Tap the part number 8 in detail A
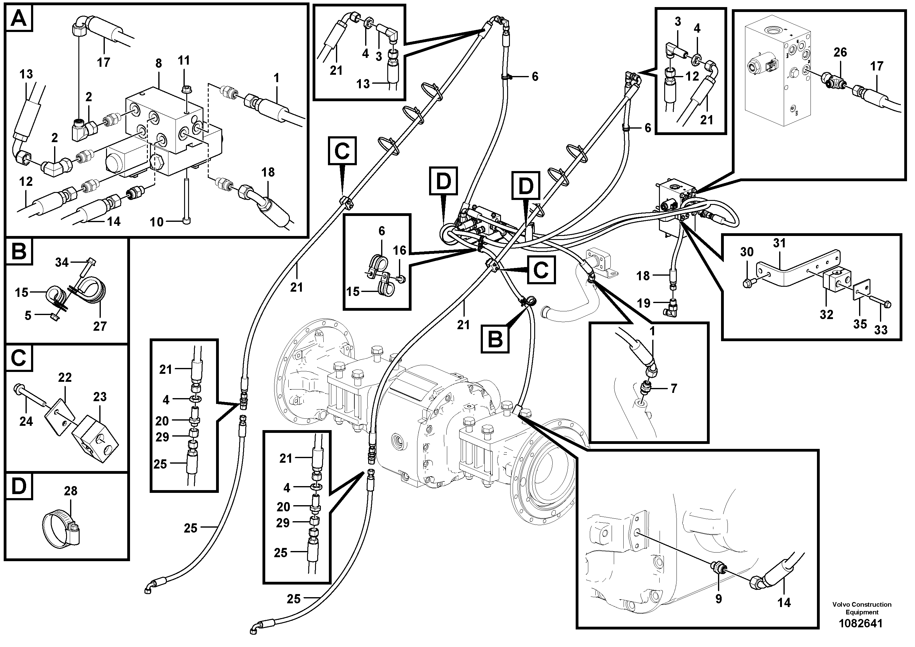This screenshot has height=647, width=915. click(159, 63)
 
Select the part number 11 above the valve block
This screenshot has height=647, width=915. click(184, 61)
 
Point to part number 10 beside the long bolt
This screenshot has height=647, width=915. click(157, 222)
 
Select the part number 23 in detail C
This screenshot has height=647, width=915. click(100, 397)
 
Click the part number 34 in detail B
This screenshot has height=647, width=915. click(62, 262)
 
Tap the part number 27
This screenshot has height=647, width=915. click(100, 326)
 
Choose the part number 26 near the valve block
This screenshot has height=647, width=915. click(840, 52)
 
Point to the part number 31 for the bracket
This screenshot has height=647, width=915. click(779, 243)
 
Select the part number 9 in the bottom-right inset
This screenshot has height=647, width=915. click(719, 611)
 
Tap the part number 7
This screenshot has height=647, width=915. click(673, 388)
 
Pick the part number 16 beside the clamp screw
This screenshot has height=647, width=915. click(399, 250)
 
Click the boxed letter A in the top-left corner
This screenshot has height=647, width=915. click(19, 18)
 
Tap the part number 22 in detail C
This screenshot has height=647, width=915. click(65, 377)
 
